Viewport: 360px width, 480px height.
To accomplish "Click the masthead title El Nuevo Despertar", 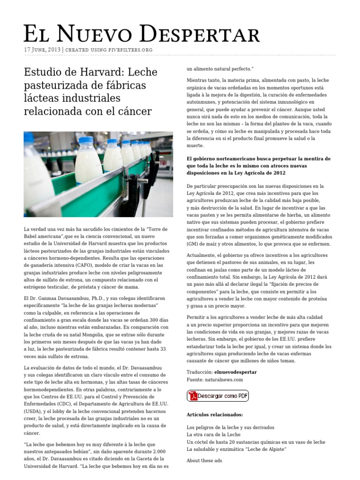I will click(142, 34).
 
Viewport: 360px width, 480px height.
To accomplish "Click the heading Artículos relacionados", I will click(215, 415).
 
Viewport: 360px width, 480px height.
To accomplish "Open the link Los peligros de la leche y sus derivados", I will click(230, 427).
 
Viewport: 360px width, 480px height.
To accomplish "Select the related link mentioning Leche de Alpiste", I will click(236, 449).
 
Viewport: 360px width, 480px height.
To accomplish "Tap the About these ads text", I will click(204, 460).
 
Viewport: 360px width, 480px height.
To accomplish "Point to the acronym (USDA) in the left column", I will click(33, 411).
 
